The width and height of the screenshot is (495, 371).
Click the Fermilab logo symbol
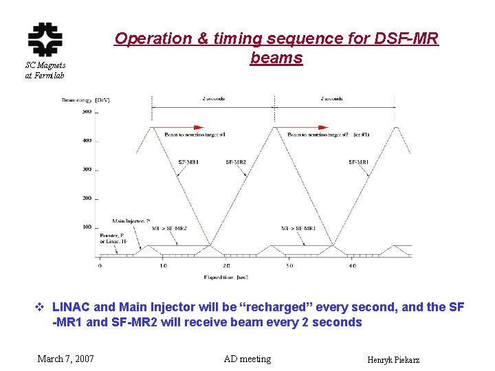[45, 38]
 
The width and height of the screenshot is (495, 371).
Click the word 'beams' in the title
[276, 58]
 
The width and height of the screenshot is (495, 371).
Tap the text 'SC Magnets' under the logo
[45, 65]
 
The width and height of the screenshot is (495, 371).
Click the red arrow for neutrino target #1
[189, 127]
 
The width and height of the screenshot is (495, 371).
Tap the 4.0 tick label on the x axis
[351, 265]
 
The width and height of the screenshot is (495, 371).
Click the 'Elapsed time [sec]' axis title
[226, 278]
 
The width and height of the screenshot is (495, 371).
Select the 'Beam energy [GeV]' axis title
[86, 100]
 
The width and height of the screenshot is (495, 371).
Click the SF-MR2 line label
[236, 162]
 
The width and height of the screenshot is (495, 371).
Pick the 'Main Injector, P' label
[131, 221]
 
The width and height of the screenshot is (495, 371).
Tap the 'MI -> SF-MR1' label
[298, 227]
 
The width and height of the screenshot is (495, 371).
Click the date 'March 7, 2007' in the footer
[66, 359]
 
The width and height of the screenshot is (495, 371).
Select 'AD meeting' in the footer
[247, 359]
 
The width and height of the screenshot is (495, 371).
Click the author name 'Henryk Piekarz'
[393, 360]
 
